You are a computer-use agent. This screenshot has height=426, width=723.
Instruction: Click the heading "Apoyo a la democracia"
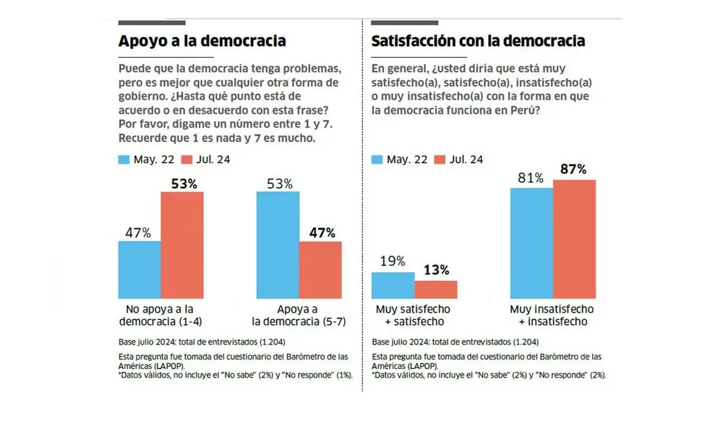[x=202, y=41]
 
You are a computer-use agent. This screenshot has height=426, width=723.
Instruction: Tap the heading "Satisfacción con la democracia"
[x=478, y=41]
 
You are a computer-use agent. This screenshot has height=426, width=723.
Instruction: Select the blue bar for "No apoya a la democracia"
[x=139, y=270]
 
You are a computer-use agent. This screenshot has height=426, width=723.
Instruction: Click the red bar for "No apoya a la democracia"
[x=181, y=245]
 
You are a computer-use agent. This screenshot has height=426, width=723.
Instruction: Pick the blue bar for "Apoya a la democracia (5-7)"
[x=278, y=245]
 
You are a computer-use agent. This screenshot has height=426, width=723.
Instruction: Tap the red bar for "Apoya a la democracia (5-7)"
[x=320, y=270]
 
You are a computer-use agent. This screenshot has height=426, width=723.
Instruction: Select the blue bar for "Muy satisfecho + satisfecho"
[x=393, y=286]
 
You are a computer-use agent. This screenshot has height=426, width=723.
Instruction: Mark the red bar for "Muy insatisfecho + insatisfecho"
[x=574, y=239]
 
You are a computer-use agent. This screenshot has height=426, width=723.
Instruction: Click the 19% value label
[x=392, y=261]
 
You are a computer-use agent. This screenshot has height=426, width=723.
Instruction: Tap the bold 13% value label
[x=435, y=270]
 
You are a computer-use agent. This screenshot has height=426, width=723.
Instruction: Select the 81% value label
[x=531, y=178]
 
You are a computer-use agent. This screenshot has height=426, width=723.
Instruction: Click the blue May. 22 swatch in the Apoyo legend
[x=124, y=159]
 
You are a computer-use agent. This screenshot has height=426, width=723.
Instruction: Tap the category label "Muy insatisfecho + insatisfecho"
[x=552, y=315]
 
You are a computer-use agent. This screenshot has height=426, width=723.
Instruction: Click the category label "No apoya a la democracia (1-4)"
[x=160, y=315]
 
